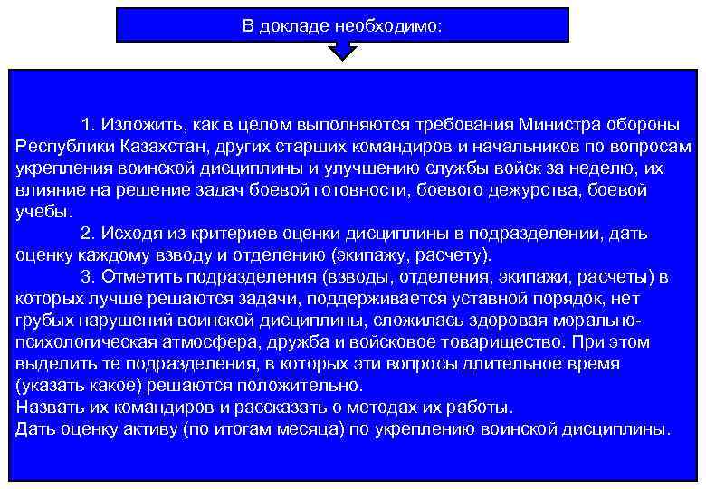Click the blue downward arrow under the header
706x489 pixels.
tap(342, 52)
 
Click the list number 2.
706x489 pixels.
tap(86, 234)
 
